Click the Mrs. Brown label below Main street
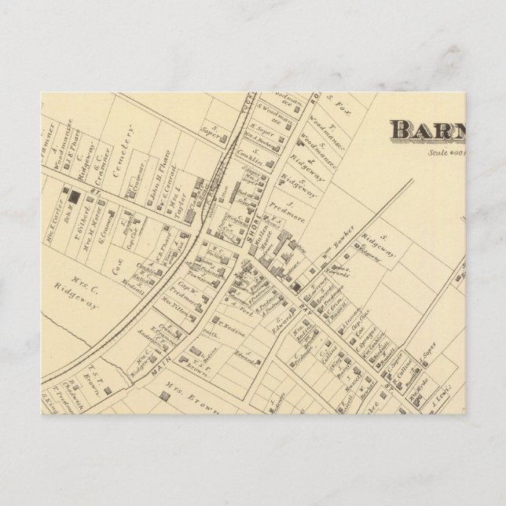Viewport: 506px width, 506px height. click(192, 393)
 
